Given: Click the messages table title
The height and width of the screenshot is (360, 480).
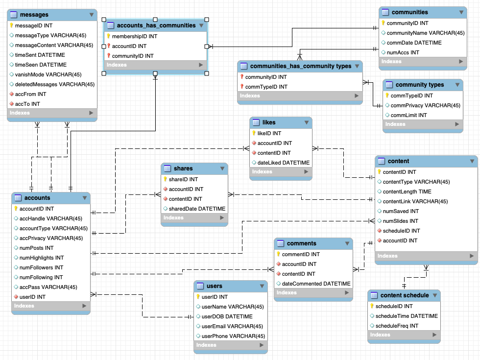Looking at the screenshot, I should click(34, 15).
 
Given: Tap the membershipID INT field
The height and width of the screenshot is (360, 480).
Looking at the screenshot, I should click(135, 36).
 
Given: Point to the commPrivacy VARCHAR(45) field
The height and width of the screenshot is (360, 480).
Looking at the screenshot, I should click(425, 105).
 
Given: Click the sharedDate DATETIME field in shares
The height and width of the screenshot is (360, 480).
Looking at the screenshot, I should click(197, 209).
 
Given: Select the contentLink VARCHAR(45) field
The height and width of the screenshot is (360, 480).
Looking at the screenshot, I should click(415, 201).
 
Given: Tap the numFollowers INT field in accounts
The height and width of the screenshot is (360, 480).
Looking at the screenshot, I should click(41, 267).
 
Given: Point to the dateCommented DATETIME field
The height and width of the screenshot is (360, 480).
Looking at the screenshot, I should click(316, 284).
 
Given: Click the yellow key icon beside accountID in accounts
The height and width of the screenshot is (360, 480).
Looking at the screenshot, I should click(15, 209).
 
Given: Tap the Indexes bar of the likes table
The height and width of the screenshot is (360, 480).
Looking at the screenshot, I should click(280, 172).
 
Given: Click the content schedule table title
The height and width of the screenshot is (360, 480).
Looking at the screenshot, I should click(404, 295).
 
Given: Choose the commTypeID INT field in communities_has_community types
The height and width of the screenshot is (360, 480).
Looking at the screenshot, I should click(266, 87).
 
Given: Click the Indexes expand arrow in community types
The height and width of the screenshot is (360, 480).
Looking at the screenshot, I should click(456, 124).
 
